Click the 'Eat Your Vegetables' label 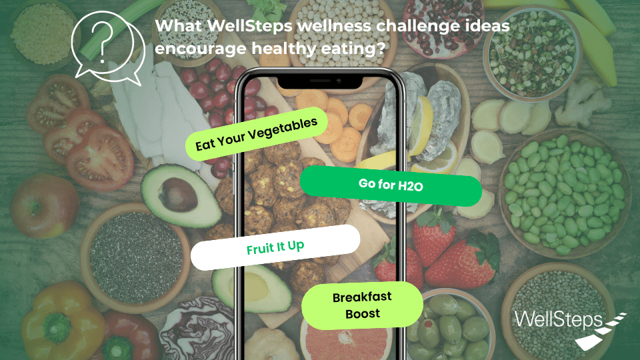tap(256, 133)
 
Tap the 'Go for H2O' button tap(391, 185)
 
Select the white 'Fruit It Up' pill tap(275, 247)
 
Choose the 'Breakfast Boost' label tap(362, 305)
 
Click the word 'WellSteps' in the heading tap(250, 26)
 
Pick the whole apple tap(44, 206)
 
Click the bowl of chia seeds tap(135, 257)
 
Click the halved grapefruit tap(346, 339)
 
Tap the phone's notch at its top tap(319, 81)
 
